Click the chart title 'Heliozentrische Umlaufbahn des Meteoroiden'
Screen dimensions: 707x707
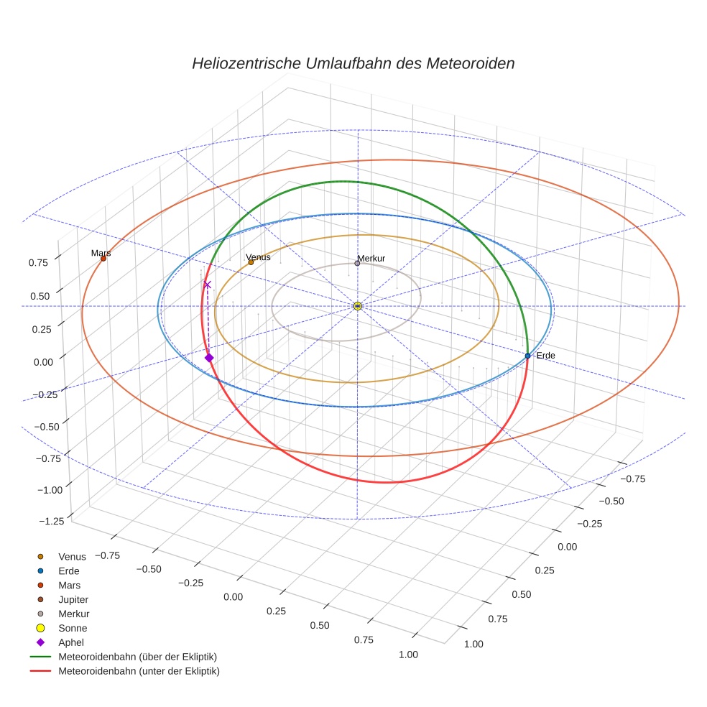click(353, 63)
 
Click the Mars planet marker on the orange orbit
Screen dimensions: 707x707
click(103, 258)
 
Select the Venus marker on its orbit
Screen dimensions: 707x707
click(251, 262)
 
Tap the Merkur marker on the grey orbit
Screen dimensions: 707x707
click(357, 263)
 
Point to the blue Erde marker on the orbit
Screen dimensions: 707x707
click(527, 356)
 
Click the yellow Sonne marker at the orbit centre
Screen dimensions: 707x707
click(358, 306)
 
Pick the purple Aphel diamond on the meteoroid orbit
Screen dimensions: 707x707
click(209, 358)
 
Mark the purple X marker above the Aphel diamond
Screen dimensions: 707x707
click(208, 285)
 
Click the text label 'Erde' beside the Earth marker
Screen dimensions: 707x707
click(545, 356)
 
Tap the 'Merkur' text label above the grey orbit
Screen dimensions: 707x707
click(371, 258)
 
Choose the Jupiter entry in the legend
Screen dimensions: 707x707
click(73, 599)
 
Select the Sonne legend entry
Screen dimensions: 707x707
click(73, 628)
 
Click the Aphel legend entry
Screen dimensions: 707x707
click(71, 642)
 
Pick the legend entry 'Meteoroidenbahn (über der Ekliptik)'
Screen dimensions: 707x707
click(137, 657)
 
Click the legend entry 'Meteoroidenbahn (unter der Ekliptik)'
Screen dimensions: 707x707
click(139, 671)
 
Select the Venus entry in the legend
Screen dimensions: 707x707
click(72, 556)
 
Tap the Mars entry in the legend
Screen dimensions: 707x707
click(69, 585)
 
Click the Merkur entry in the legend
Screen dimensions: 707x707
click(73, 614)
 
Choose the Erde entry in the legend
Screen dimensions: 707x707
click(69, 570)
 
